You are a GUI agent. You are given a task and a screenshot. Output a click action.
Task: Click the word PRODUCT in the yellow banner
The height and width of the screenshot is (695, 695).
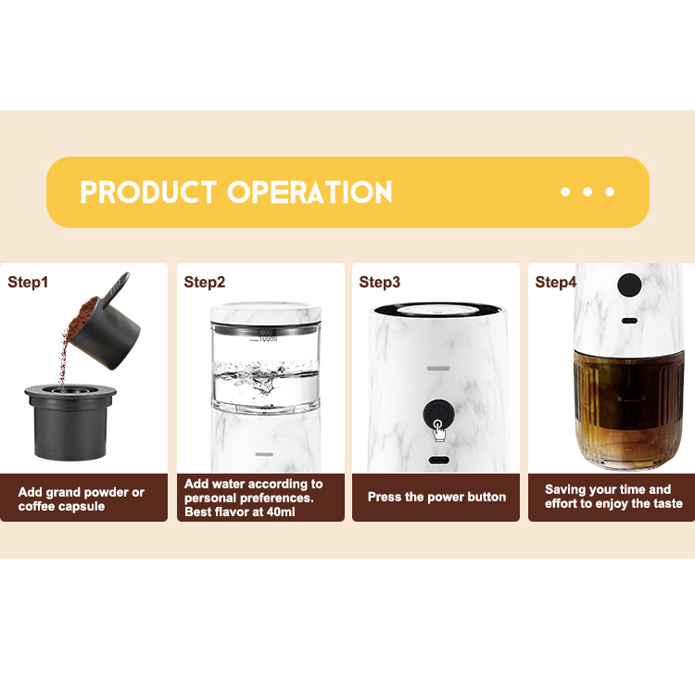(148, 192)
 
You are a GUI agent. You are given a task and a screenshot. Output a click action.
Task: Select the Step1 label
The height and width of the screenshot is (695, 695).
(28, 282)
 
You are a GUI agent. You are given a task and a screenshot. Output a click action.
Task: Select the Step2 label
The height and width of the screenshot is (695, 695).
(204, 282)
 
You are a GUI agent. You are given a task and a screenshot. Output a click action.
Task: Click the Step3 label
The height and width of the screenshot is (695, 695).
(380, 282)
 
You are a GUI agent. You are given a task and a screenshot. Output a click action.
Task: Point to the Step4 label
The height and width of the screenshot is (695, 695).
(556, 282)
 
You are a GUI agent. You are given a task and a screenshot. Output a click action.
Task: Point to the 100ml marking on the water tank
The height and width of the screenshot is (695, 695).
(266, 337)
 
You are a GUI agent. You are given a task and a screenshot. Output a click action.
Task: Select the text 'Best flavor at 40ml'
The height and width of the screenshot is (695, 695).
(240, 512)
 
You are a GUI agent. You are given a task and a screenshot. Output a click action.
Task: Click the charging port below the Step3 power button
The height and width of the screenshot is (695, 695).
(437, 461)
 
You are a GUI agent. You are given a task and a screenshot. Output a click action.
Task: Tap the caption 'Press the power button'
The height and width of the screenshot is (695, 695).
(436, 497)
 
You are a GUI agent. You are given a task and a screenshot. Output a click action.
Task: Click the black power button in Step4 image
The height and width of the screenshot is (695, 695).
(630, 285)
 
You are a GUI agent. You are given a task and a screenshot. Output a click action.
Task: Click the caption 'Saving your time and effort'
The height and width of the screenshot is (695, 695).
(613, 497)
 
